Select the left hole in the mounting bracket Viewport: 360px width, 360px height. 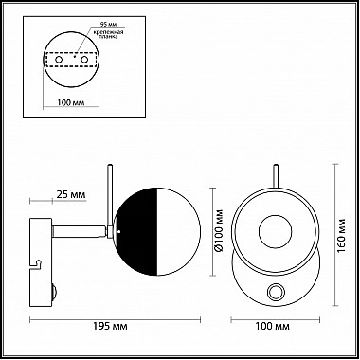click(x=59, y=60)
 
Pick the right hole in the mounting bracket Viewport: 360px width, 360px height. click(x=84, y=60)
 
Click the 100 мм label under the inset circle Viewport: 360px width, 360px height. click(x=71, y=103)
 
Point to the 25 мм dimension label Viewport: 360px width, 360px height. click(x=71, y=194)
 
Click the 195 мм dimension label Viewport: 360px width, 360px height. click(x=111, y=326)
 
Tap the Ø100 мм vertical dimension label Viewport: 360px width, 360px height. click(x=219, y=231)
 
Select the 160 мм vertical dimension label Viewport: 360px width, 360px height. click(x=341, y=235)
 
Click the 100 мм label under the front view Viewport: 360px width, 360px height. click(x=272, y=326)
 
